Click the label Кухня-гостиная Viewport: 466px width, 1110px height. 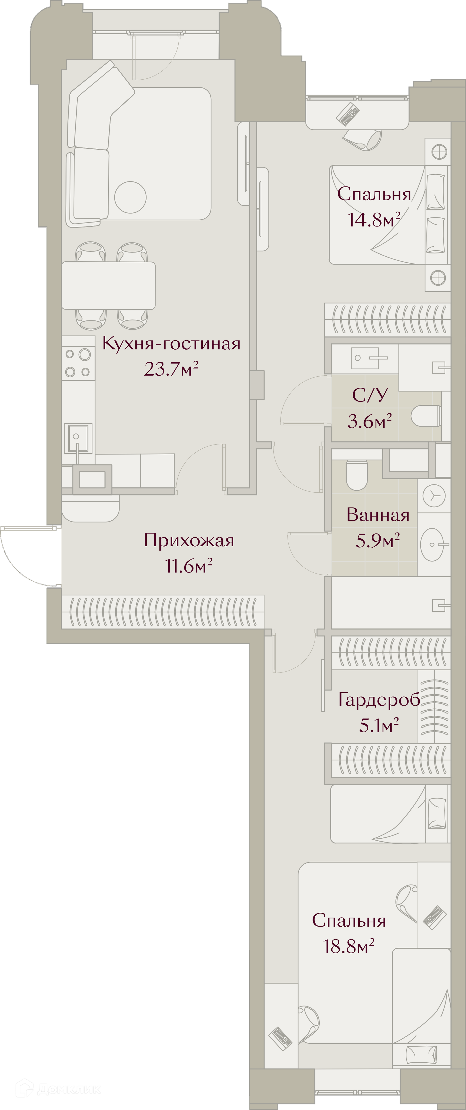pyautogui.click(x=171, y=344)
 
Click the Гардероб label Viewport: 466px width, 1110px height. pyautogui.click(x=379, y=700)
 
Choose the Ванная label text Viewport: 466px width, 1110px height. pyautogui.click(x=378, y=515)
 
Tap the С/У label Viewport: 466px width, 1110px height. pyautogui.click(x=370, y=395)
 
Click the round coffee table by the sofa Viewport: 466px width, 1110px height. pyautogui.click(x=131, y=197)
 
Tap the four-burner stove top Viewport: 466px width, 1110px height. pyautogui.click(x=78, y=363)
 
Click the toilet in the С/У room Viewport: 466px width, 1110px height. pyautogui.click(x=426, y=416)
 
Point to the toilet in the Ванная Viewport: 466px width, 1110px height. pyautogui.click(x=357, y=475)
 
